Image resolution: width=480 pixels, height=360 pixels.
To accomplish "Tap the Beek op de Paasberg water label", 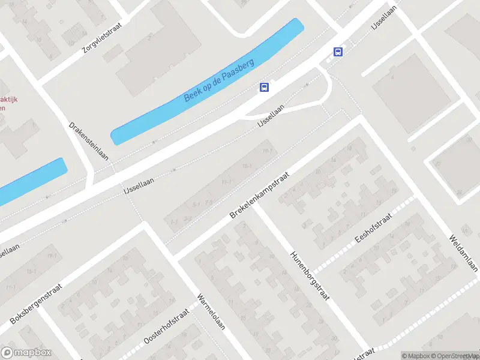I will [x=220, y=80].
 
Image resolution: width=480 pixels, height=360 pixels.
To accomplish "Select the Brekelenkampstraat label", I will [x=260, y=195].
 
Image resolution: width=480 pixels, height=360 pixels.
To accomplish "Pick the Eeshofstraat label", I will [x=373, y=228].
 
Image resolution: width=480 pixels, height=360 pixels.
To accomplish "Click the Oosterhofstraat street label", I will [x=167, y=328].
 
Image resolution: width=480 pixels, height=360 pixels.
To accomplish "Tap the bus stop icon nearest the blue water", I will [x=264, y=87].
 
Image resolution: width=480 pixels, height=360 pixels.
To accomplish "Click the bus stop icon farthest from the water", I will [x=338, y=52].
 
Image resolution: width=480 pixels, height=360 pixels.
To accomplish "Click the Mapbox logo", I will [x=26, y=353].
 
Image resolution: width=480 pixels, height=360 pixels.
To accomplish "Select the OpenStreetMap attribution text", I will [x=449, y=356].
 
